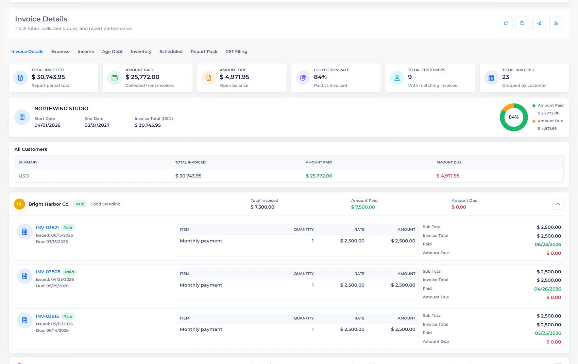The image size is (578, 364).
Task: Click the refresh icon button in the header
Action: pos(506,23)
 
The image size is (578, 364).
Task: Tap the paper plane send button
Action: pos(539,23)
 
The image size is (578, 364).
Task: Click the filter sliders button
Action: pos(556,23)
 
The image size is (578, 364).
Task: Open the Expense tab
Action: pos(61,52)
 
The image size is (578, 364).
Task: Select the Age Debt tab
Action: pos(112,52)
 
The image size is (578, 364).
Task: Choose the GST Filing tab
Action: pos(236,52)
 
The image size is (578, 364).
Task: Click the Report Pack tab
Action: pos(204,52)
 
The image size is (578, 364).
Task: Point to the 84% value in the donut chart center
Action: pos(513,117)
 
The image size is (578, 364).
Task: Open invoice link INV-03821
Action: pos(47,227)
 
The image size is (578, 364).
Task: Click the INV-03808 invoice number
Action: pos(48,272)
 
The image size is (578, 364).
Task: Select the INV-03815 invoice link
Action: pos(47,316)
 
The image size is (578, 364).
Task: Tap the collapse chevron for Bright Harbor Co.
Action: pos(558,204)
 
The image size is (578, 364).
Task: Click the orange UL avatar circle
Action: pos(19,204)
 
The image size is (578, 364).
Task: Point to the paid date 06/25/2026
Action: pos(548,244)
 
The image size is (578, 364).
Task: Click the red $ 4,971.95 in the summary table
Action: pos(448,176)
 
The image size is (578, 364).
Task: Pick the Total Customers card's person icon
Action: pos(397,77)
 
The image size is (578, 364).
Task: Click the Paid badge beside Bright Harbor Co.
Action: pos(80,204)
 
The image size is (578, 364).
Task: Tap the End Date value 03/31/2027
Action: pos(97,125)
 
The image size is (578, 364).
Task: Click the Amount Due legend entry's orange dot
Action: pos(534,121)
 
